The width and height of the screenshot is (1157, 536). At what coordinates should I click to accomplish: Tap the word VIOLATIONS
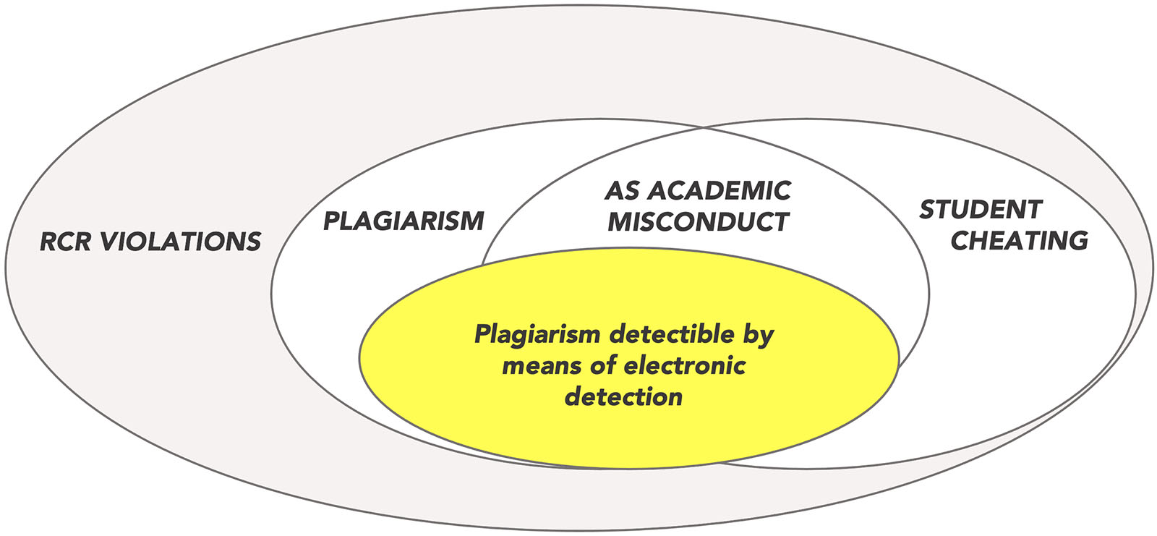point(181,242)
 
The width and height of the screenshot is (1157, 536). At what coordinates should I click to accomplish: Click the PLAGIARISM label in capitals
point(404,221)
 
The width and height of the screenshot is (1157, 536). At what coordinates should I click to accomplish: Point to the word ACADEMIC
point(719,191)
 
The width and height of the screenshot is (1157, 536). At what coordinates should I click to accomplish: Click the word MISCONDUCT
point(698,221)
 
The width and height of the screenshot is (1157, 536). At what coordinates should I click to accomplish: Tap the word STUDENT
point(981,210)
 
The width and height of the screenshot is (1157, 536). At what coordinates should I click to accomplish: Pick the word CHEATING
point(1019,240)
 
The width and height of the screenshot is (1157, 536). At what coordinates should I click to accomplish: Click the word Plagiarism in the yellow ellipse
point(537,334)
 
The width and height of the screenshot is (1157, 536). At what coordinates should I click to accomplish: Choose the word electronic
point(683,365)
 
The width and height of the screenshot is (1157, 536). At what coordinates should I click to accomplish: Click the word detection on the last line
point(623,396)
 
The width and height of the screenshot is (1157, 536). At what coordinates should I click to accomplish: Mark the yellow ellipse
point(629,434)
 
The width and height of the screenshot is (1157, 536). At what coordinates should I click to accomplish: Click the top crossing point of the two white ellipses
point(704,129)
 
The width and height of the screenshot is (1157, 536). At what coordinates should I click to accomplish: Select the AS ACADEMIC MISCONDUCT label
point(698,206)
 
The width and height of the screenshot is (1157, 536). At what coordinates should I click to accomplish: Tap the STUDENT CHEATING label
point(1004,225)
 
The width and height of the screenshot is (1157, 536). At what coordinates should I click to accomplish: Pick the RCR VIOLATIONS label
point(150,242)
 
